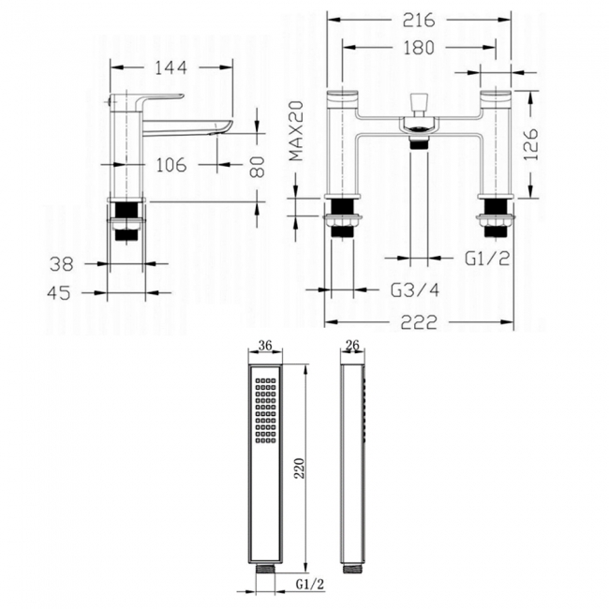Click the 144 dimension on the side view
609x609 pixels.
pos(171,67)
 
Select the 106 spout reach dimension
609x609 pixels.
pos(171,165)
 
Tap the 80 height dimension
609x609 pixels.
pos(257,167)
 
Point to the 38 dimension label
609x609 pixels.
pos(61,264)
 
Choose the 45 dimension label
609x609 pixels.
pos(59,293)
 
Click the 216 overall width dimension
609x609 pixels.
pos(419,21)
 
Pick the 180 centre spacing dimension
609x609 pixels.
pos(419,48)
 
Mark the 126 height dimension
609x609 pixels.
pos(531,144)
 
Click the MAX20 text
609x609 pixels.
pos(296,131)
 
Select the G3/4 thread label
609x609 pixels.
pos(415,290)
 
